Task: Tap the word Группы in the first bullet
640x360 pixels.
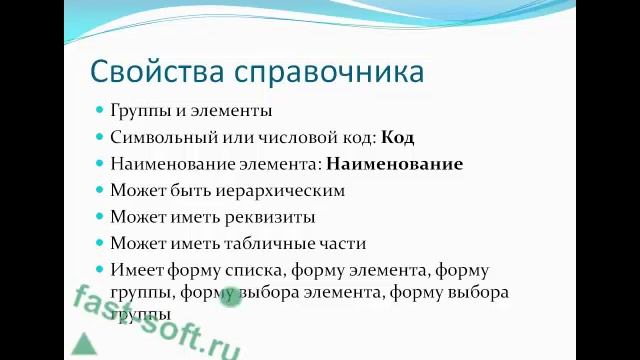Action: [140, 111]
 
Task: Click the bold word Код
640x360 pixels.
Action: [397, 137]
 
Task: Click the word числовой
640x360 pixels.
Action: [294, 137]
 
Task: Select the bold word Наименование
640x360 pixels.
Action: [394, 163]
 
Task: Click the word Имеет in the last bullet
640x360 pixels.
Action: [137, 270]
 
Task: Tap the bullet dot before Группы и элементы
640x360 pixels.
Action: [100, 110]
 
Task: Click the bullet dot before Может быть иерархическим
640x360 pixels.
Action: [100, 189]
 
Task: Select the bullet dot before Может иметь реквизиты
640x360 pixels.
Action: [100, 215]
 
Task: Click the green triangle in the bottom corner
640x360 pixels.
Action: [83, 344]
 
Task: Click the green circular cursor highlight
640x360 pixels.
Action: [229, 294]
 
